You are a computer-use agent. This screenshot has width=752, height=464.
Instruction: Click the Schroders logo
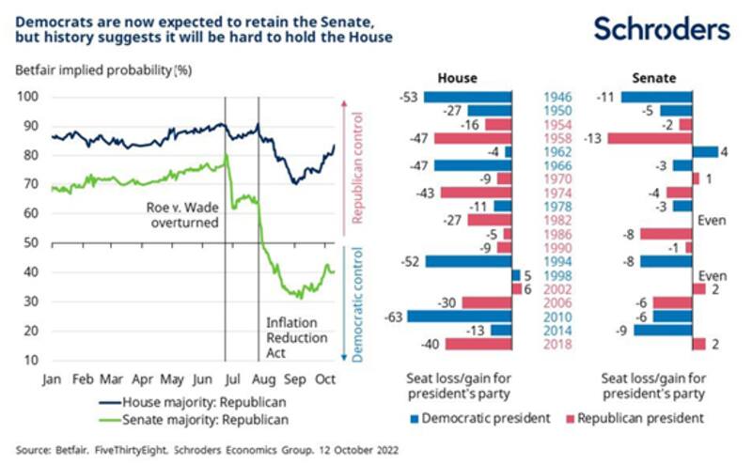click(x=661, y=30)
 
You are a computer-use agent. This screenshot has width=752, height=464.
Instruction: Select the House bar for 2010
click(x=459, y=317)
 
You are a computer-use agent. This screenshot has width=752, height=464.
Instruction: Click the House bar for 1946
click(x=467, y=96)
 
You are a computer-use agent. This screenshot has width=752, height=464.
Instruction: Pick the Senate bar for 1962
click(x=705, y=152)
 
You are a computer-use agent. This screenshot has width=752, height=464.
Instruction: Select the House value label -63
click(x=395, y=317)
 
